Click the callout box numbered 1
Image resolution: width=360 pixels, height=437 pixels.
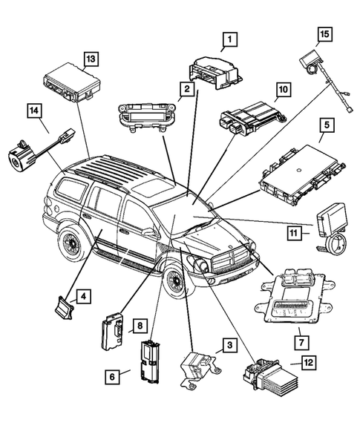click(x=230, y=38)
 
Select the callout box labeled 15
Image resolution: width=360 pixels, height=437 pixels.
click(x=323, y=33)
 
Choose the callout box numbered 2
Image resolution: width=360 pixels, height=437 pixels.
click(x=187, y=91)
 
